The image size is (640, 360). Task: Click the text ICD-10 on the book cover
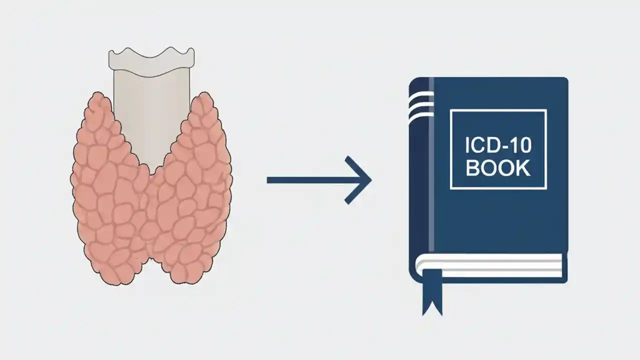coord(498,146)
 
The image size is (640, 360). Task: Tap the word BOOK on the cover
coord(498,168)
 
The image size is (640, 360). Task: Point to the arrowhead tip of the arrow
coord(370,180)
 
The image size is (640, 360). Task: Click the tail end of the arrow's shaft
coord(269,180)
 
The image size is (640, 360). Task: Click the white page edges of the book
coord(490,265)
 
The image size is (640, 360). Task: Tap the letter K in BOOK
coord(523,168)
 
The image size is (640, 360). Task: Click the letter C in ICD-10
coord(480,146)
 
